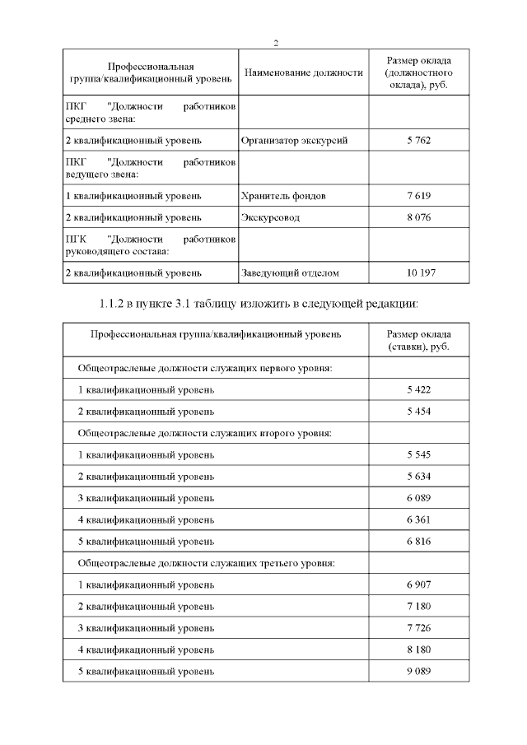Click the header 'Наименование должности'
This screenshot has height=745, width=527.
point(303,73)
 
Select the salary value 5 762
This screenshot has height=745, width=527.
point(418,141)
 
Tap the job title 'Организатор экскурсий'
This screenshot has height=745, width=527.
point(294,141)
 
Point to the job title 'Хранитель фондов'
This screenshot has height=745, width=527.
point(283,197)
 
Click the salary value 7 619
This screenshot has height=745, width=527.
point(418,197)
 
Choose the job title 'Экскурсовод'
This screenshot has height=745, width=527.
point(270,218)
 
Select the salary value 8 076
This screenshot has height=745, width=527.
point(418,218)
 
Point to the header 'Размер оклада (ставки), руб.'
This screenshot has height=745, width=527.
point(418,341)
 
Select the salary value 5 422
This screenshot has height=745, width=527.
point(418,389)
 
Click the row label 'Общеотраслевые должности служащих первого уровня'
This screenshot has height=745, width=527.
point(204,368)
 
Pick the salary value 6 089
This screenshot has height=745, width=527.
point(418,498)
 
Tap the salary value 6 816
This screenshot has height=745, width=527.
point(418,542)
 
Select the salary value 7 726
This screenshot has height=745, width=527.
point(418,628)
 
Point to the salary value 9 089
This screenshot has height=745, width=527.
point(418,671)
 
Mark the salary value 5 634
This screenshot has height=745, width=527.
point(418,477)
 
